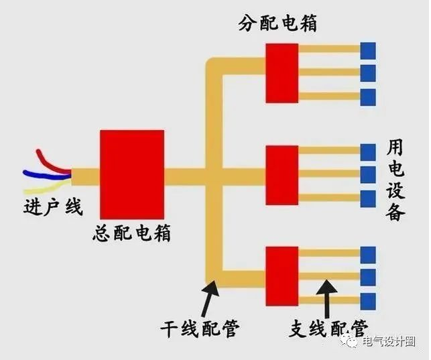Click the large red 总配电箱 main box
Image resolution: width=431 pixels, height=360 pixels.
pyautogui.click(x=132, y=176)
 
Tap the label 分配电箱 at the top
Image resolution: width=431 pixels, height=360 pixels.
pyautogui.click(x=277, y=24)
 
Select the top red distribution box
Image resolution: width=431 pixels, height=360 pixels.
pyautogui.click(x=282, y=72)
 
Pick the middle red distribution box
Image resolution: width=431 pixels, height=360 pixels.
pyautogui.click(x=282, y=175)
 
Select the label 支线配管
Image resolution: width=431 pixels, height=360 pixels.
pyautogui.click(x=328, y=328)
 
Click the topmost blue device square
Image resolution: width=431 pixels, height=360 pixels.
pyautogui.click(x=369, y=50)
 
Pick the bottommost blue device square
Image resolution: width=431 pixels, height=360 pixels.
pyautogui.click(x=369, y=300)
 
